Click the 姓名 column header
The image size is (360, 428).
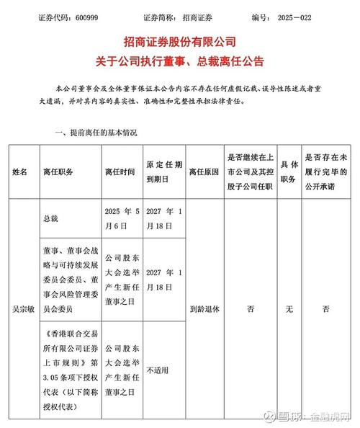pyautogui.click(x=19, y=172)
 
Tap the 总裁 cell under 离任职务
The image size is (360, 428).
pyautogui.click(x=55, y=218)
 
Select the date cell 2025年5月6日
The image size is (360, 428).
pyautogui.click(x=121, y=218)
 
